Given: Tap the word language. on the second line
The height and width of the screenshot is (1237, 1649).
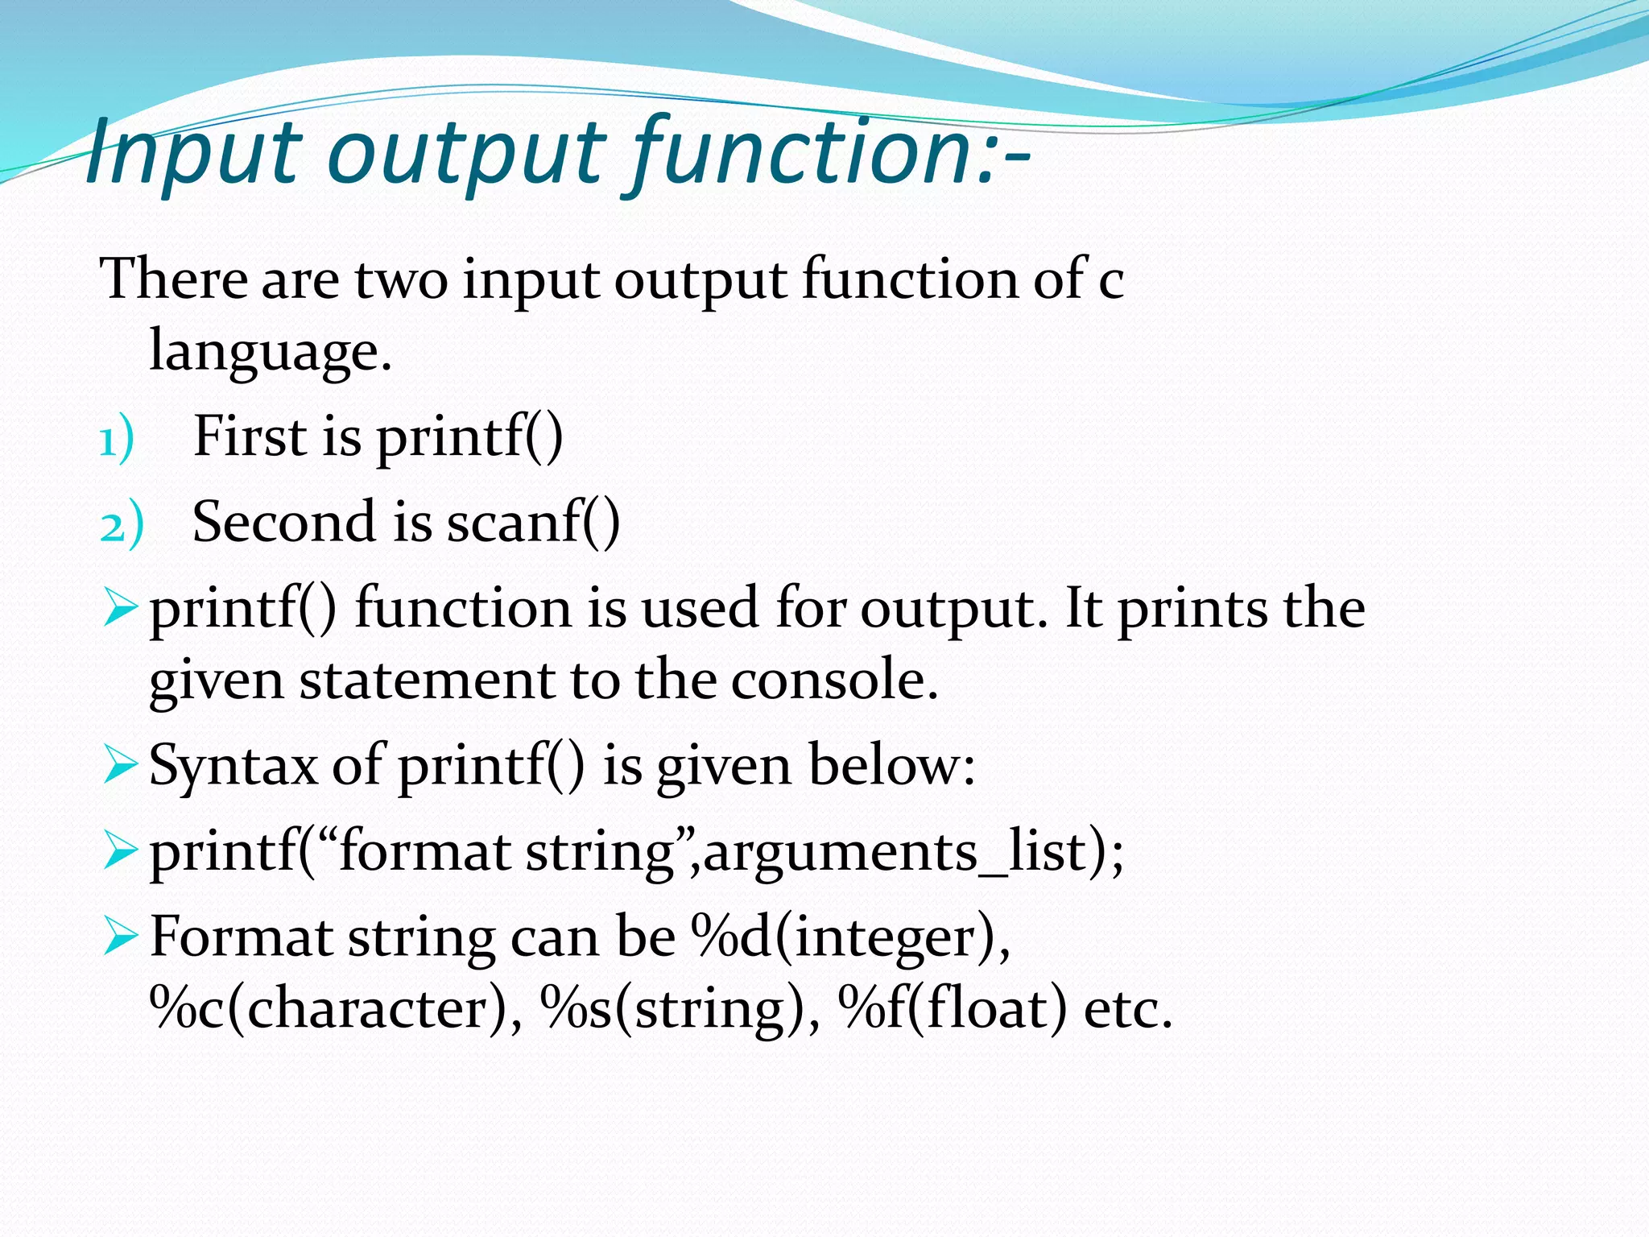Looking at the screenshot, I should point(271,351).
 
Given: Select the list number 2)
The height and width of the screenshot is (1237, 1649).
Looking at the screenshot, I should point(122,527).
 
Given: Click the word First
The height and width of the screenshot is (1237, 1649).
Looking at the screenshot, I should point(250,437).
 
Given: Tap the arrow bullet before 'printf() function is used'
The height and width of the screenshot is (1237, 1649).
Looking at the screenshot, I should point(121,610).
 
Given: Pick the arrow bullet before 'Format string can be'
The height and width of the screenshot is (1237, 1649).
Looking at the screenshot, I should point(121,937).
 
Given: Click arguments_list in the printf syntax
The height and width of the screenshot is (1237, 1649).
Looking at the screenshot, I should point(895,853).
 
